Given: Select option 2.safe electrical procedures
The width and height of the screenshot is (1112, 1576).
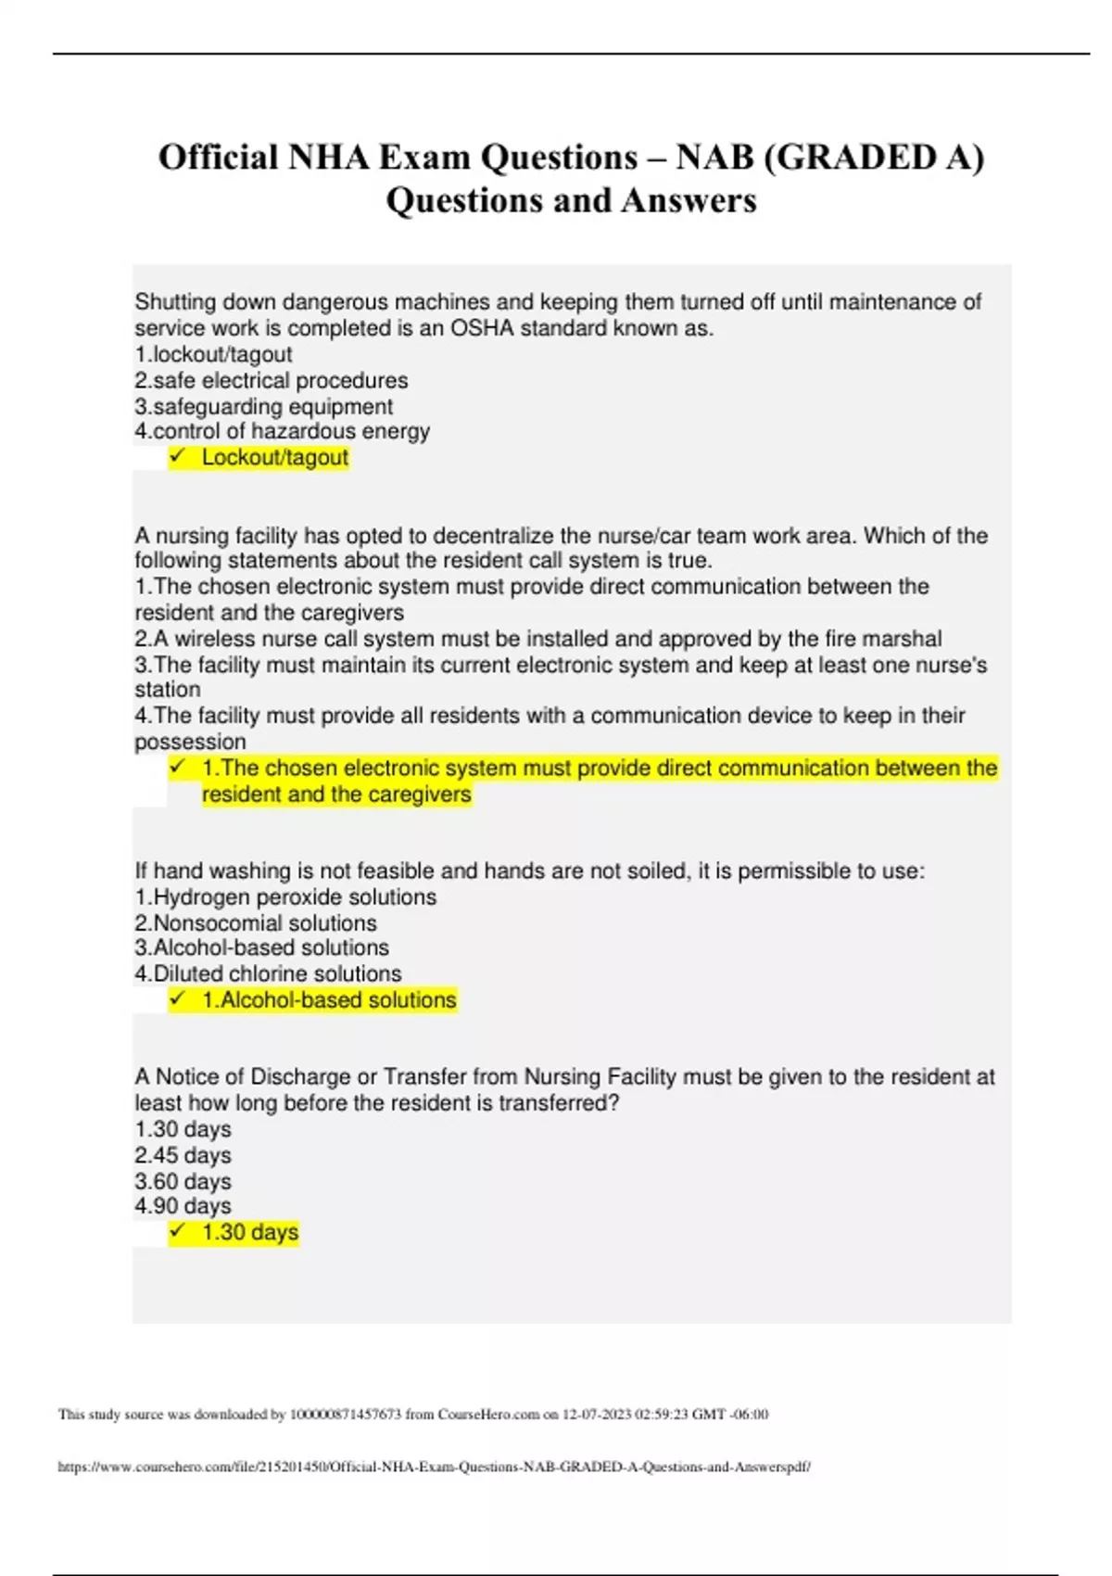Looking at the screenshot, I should tap(271, 380).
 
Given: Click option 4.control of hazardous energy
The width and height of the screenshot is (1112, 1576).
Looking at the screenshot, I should tap(282, 431).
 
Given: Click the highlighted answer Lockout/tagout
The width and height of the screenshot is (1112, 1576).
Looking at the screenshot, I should tap(274, 457).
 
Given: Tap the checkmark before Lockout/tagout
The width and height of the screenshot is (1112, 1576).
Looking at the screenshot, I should tap(178, 456).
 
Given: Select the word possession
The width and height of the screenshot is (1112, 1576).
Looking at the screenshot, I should tap(190, 742).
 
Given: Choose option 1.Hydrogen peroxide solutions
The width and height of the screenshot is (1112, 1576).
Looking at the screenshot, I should tap(285, 896).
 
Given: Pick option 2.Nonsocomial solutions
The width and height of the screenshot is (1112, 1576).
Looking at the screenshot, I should tap(256, 923).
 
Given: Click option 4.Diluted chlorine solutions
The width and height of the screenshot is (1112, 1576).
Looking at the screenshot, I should tap(268, 973).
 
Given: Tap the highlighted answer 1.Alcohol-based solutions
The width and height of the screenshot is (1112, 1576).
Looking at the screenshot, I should tap(329, 999).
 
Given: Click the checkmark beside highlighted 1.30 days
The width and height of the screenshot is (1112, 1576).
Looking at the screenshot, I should tap(178, 1231).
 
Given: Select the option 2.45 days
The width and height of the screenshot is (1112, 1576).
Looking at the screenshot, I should tap(183, 1155).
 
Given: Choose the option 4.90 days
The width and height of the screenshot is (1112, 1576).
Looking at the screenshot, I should tap(183, 1205).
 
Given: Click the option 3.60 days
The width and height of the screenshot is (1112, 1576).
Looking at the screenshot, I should tap(183, 1181).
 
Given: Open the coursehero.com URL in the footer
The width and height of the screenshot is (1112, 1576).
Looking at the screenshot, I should tap(434, 1467).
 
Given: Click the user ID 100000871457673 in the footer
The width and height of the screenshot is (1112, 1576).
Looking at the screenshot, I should tap(346, 1414).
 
